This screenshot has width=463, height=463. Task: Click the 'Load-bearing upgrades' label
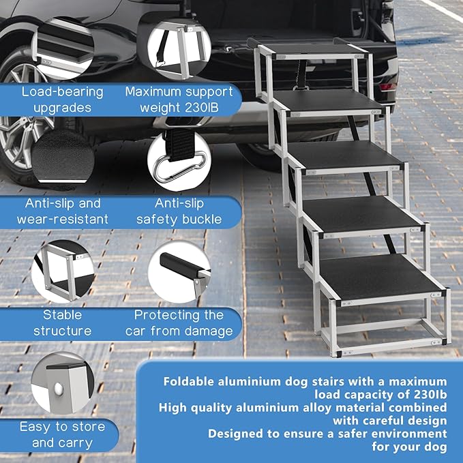tap(61, 100)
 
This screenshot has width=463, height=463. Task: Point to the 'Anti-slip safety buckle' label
tap(179, 211)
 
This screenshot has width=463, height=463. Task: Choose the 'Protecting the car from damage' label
tap(179, 323)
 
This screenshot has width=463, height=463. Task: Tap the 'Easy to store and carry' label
tap(61, 434)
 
